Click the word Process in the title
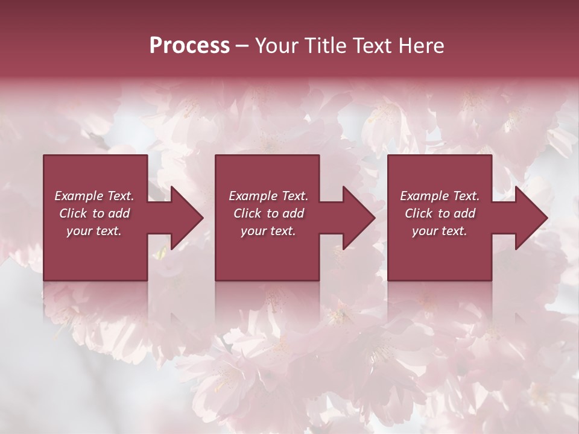tap(189, 46)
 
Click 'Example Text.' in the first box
tap(95, 196)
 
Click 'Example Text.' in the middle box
tap(268, 196)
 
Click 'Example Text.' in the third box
tap(440, 196)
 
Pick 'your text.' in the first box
tap(94, 231)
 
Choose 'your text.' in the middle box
tap(268, 231)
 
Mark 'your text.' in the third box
tap(440, 231)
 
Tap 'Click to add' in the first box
tap(95, 213)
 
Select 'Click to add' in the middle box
tap(268, 213)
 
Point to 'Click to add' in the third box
tap(440, 213)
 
